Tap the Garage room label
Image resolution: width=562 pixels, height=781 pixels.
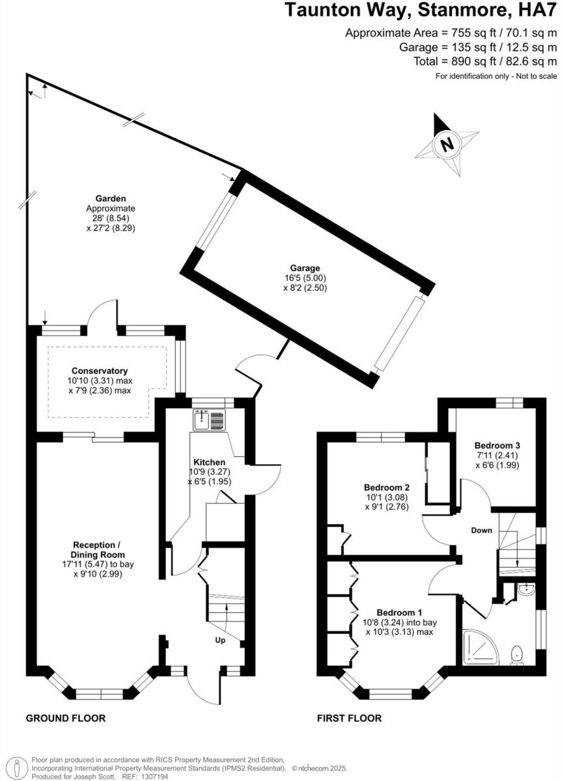coord(305,267)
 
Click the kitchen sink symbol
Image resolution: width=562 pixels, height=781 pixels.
coord(208,420)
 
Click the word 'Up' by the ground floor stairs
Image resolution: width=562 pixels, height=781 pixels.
coord(220,640)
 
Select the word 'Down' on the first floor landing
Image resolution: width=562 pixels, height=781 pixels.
coord(481,530)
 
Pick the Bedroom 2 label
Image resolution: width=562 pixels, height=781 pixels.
coord(386,487)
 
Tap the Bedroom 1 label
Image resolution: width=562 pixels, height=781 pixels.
coord(400,612)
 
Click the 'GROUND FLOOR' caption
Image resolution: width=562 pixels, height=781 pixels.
coord(65,719)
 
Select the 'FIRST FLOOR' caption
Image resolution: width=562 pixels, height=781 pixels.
coord(349,719)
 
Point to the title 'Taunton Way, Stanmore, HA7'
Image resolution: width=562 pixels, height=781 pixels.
coord(421,10)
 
